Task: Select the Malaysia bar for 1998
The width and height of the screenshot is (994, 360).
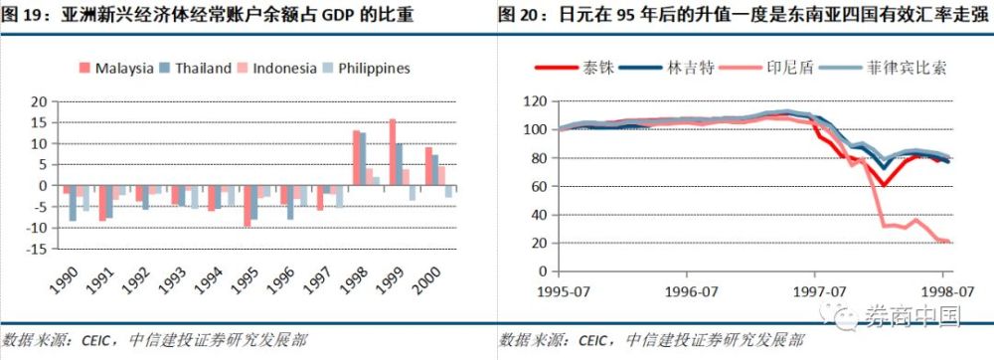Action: [356, 157]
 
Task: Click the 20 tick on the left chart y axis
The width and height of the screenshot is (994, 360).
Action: [40, 101]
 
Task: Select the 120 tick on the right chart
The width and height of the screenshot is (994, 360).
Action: [537, 101]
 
